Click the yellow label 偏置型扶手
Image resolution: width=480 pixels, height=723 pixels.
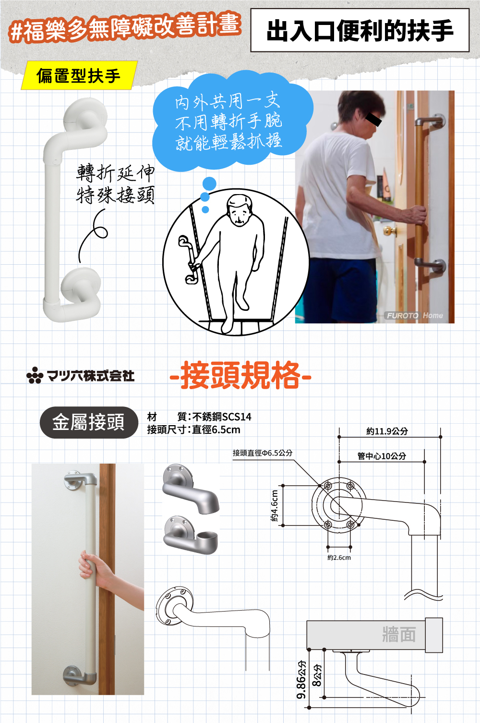[x=79, y=76]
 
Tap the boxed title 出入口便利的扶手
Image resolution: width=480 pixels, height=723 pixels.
[x=360, y=31]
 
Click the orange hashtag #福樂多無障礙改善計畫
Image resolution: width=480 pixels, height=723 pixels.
[x=125, y=28]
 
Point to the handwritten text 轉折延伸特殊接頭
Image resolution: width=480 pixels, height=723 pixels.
[x=115, y=184]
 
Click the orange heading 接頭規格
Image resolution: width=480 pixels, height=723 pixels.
[x=240, y=376]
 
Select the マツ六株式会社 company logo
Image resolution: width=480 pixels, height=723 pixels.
[x=81, y=375]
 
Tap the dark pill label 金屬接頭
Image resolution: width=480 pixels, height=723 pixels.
[x=89, y=422]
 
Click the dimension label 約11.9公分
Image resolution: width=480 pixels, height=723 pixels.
[x=387, y=431]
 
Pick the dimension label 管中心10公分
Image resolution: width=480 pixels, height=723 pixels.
[x=382, y=456]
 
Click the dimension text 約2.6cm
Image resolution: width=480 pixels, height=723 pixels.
[x=339, y=558]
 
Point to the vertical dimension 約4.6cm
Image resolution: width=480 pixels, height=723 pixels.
[x=275, y=506]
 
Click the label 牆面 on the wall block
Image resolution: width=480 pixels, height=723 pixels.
[x=399, y=634]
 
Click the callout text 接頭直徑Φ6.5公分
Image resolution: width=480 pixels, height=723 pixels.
[x=263, y=453]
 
